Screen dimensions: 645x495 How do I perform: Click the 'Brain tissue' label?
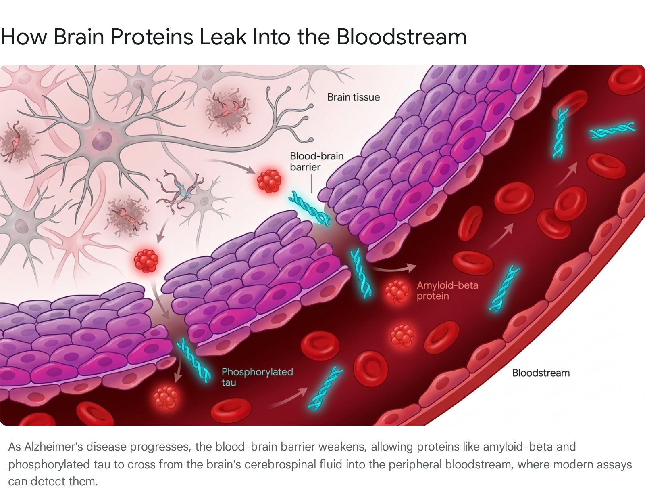353,97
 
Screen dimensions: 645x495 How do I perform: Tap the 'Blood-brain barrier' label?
316,162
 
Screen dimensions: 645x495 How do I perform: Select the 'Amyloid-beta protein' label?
447,290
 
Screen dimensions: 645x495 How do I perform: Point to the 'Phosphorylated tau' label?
257,377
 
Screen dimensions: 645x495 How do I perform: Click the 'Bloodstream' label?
541,373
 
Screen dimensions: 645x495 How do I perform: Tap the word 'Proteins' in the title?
152,37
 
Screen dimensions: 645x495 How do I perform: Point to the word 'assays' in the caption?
614,465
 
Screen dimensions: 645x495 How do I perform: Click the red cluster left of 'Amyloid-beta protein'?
397,292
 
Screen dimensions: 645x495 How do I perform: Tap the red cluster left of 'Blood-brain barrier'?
269,181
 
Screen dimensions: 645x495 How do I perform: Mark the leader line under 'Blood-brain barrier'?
311,184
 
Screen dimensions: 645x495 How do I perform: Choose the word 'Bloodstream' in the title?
401,37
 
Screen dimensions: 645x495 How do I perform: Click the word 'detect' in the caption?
48,481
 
